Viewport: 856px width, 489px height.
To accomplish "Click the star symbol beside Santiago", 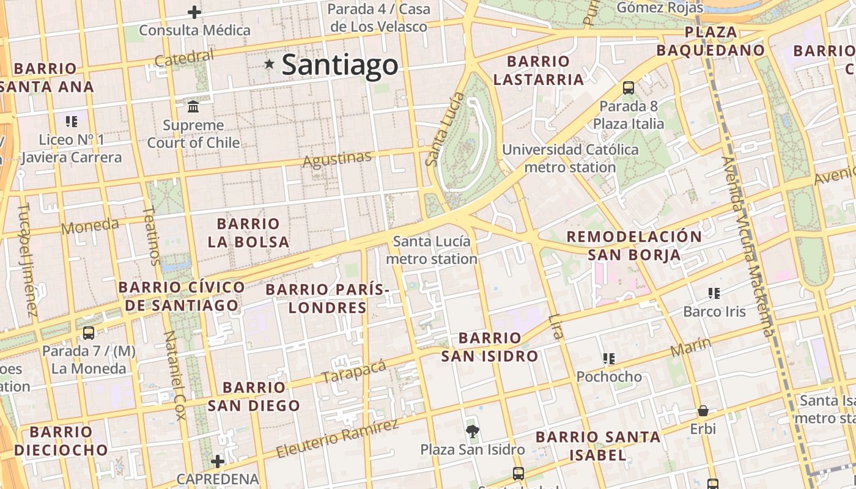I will click(x=269, y=64).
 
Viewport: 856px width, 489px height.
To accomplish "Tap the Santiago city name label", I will click(x=339, y=65).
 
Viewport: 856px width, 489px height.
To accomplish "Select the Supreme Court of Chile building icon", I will click(x=194, y=106).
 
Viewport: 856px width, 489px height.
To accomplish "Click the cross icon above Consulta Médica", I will click(x=194, y=12).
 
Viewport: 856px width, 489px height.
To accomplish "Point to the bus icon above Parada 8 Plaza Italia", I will click(x=629, y=87).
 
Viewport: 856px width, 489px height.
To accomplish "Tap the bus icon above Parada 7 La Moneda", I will click(x=89, y=333).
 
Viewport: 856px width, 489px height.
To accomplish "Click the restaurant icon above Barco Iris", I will click(x=714, y=293).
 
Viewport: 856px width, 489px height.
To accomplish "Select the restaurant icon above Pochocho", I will click(x=608, y=358).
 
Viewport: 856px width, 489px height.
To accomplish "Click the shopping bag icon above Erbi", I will click(x=703, y=411).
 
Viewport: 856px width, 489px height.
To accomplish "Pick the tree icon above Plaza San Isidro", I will click(x=472, y=432).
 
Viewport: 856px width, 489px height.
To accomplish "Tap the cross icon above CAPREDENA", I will click(x=217, y=461).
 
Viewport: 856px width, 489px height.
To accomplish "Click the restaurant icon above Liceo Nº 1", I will click(x=72, y=121).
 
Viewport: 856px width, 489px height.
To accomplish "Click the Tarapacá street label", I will click(x=354, y=370).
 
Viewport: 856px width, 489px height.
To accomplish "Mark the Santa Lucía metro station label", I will click(x=432, y=250).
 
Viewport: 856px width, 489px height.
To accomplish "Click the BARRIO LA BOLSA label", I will click(x=248, y=232).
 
